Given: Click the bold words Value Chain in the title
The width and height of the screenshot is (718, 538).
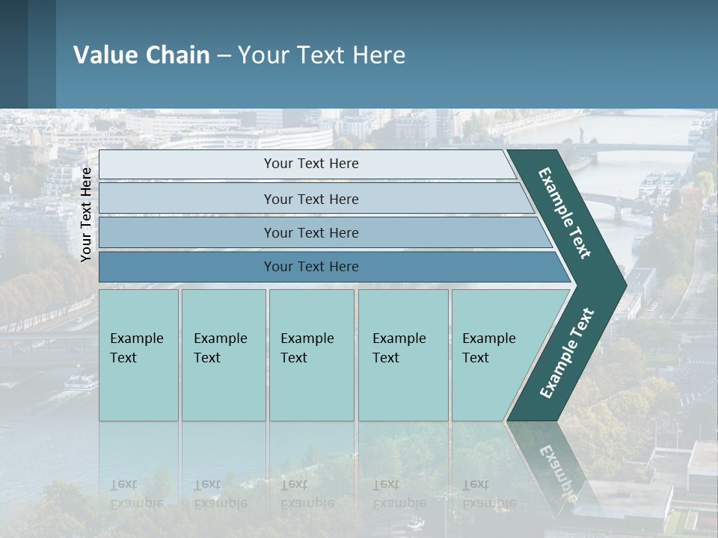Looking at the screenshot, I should (x=141, y=55).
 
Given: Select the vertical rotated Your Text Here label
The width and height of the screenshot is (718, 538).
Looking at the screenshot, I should (x=87, y=214).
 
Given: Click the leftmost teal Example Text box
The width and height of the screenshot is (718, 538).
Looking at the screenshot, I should (x=138, y=355).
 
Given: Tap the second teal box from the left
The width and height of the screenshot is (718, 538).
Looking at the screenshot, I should (x=223, y=355).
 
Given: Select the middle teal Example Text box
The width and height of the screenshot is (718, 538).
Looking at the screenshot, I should (x=311, y=355).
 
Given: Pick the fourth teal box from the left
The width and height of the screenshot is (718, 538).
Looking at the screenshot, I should (x=402, y=355).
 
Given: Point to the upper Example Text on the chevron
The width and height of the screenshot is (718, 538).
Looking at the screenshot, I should (x=565, y=212).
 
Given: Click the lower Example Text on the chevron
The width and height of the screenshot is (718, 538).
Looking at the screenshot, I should (x=567, y=353).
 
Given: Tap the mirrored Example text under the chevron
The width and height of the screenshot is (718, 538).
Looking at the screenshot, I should (x=558, y=471).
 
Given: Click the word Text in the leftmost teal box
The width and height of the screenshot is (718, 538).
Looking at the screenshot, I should (x=123, y=358).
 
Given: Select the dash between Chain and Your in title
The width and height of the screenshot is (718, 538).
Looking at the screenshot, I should (x=224, y=56).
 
